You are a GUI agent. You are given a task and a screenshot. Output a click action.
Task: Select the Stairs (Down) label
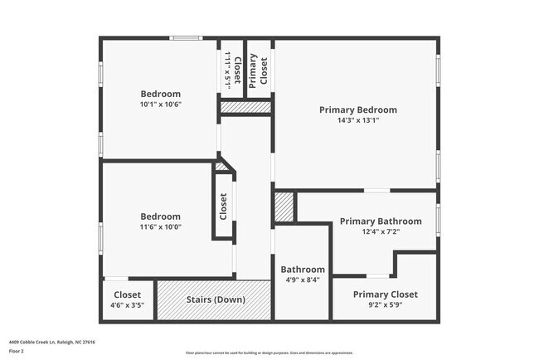click(215, 299)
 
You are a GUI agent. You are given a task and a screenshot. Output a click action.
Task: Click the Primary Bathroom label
click(381, 221)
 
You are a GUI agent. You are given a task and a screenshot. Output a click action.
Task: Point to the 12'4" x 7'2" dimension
click(381, 232)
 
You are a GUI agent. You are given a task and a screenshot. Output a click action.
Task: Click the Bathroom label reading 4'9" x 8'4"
click(302, 270)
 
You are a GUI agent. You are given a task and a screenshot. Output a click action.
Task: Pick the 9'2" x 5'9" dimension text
click(385, 305)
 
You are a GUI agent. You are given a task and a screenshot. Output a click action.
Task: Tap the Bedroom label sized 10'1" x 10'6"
click(160, 94)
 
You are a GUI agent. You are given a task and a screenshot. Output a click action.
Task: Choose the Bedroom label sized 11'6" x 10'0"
click(160, 216)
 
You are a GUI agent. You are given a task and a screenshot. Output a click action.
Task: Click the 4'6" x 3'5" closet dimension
click(127, 305)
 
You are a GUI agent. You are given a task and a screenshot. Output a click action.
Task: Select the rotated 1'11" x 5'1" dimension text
click(227, 71)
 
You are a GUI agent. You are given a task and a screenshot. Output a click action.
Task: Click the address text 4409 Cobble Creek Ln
click(41, 341)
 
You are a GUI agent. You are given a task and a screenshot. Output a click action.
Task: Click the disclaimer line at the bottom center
click(269, 353)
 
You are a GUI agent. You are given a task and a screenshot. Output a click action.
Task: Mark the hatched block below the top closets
click(245, 107)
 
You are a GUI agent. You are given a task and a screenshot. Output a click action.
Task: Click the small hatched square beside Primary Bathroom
click(284, 207)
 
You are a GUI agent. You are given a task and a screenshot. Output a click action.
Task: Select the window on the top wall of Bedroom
click(186, 37)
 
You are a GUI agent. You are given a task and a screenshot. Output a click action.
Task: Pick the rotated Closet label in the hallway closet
click(223, 207)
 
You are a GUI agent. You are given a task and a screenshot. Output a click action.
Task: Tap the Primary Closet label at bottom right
click(385, 294)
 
